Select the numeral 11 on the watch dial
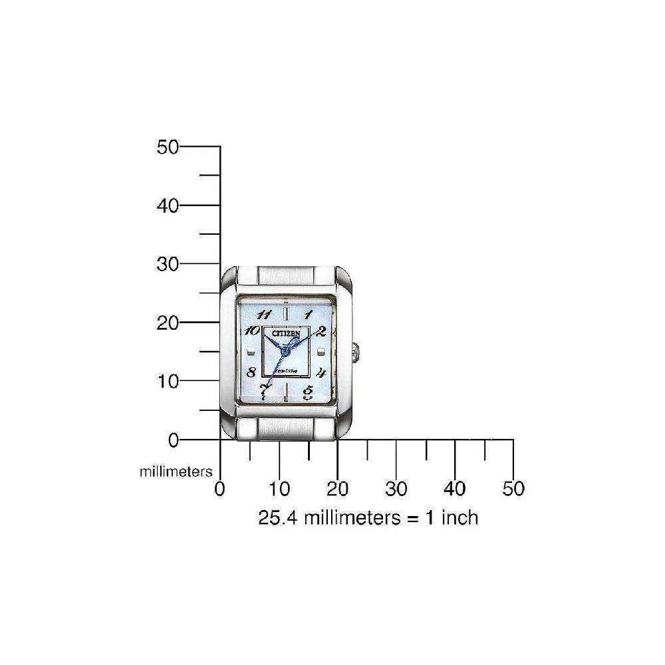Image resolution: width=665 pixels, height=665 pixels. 263,315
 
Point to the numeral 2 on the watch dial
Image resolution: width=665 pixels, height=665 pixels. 321,332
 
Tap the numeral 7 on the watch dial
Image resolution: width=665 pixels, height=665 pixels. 265,390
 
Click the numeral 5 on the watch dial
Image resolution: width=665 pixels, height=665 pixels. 308,392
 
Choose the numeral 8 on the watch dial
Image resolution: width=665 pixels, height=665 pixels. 251,372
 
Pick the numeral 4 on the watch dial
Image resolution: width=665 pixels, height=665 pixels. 321,372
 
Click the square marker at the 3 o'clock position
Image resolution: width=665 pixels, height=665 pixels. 321,352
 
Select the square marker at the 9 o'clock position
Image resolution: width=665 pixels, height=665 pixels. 251,352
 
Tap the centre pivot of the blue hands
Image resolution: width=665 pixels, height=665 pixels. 285,350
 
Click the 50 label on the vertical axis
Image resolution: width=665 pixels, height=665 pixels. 168,147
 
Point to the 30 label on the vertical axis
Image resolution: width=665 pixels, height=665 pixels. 168,264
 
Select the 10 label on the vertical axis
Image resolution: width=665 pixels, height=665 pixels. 168,381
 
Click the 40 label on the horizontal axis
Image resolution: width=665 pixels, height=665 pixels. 455,489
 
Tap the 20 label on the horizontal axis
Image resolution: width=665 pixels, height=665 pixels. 338,489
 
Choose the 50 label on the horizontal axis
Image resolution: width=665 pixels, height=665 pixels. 513,489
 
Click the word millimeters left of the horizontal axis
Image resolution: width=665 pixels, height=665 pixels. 176,471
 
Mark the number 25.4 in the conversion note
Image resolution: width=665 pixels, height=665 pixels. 279,517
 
